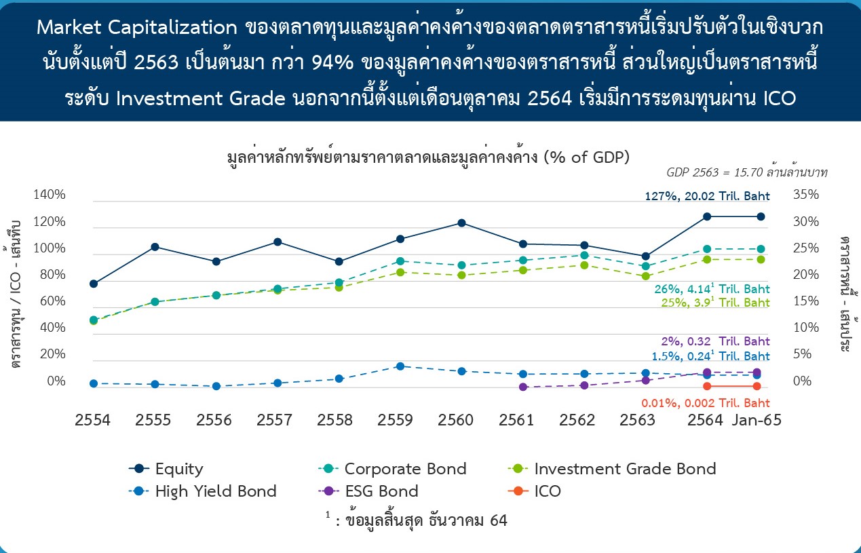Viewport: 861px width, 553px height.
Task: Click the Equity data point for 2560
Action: [461, 223]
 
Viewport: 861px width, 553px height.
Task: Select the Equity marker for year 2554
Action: [94, 284]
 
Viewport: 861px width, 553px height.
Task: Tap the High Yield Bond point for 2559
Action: [400, 366]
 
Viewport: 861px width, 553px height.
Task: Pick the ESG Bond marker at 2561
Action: [522, 387]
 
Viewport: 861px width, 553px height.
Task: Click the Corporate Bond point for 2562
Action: [584, 255]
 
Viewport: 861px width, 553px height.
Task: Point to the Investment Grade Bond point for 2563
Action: [646, 276]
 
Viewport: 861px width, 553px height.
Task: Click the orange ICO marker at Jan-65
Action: [757, 386]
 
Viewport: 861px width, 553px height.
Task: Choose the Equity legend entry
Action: [166, 469]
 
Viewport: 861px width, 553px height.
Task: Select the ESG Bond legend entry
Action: [368, 491]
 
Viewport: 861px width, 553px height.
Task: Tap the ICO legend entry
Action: [534, 491]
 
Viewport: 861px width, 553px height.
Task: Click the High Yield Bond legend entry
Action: [203, 491]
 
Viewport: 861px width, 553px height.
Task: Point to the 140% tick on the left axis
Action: [50, 195]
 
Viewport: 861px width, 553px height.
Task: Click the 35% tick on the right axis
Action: [806, 195]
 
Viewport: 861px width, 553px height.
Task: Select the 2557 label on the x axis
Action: [274, 420]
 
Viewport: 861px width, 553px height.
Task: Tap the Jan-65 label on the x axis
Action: [757, 420]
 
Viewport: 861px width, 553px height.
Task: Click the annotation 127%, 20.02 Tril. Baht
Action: [707, 196]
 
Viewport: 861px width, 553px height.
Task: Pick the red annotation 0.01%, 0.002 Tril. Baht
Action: [706, 403]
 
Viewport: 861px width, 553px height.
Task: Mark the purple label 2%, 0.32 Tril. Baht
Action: [716, 341]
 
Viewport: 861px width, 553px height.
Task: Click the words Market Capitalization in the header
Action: [137, 28]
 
